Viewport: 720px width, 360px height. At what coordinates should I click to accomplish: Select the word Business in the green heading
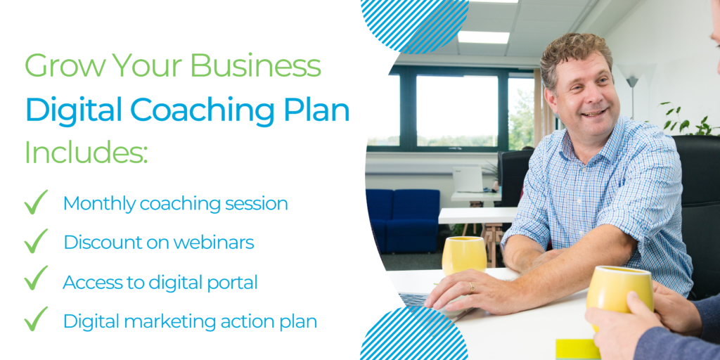click(x=255, y=65)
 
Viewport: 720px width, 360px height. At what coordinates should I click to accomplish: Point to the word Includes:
click(x=86, y=151)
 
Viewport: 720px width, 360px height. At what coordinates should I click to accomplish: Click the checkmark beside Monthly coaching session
click(x=36, y=202)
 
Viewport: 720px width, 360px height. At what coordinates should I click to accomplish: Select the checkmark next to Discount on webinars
click(x=36, y=241)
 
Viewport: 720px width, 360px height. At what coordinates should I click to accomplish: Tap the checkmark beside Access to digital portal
click(x=36, y=278)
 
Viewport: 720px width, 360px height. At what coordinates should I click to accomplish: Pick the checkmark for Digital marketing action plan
click(x=36, y=319)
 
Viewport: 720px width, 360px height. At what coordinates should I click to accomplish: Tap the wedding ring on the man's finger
click(x=471, y=288)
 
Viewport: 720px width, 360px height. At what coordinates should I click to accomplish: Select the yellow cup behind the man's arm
click(x=464, y=255)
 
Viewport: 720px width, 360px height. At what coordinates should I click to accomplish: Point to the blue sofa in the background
click(x=403, y=220)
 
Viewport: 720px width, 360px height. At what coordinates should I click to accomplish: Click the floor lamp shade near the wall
click(x=632, y=82)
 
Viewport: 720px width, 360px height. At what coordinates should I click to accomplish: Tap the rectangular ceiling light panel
click(x=484, y=37)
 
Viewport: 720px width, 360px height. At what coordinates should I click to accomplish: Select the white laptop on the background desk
click(x=468, y=179)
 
